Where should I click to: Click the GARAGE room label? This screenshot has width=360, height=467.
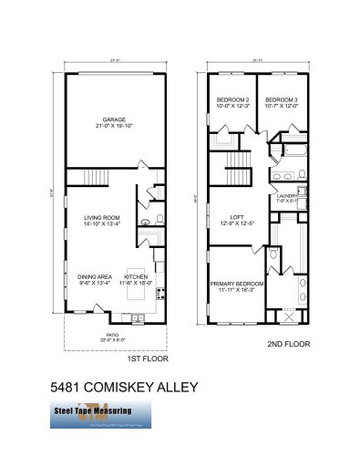pos(114,119)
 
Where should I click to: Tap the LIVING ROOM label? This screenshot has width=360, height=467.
pos(101,216)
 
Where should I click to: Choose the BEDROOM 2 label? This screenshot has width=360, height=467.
pos(232,99)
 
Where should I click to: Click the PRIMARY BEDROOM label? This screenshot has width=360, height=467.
pos(237,284)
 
